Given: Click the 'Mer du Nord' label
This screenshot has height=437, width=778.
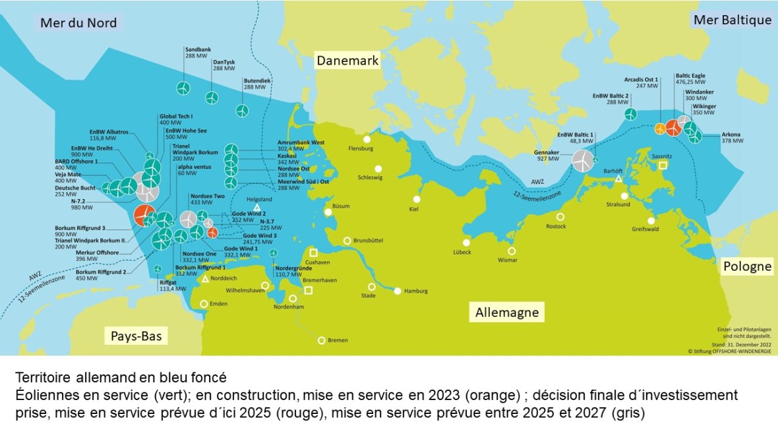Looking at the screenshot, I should click(78, 23).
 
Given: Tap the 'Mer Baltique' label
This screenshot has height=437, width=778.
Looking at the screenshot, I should click(732, 20).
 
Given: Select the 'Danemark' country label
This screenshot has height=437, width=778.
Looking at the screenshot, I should click(347, 61).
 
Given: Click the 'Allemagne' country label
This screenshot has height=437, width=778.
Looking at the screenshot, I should click(507, 312).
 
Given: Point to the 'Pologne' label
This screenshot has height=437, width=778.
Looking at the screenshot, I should click(747, 266).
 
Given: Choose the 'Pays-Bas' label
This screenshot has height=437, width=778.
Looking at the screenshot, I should click(136, 337).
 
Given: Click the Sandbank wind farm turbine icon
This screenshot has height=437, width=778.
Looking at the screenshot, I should click(183, 88).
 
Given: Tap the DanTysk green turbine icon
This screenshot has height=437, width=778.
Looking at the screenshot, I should click(212, 98).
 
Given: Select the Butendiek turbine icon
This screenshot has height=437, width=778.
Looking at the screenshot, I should click(243, 109).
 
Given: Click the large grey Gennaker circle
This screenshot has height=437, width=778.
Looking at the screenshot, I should click(582, 160).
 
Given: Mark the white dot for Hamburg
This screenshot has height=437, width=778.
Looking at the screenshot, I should click(398, 291).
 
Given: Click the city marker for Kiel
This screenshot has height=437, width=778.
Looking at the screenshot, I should click(417, 199).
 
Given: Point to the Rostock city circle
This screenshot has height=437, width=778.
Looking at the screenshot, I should click(560, 217).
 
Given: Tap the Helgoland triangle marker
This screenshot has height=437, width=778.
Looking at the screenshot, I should click(256, 208).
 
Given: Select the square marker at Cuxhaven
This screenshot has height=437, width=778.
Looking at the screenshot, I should click(314, 252).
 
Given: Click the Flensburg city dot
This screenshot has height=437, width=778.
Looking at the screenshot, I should click(367, 139).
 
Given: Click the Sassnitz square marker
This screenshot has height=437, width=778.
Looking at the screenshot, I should click(663, 165).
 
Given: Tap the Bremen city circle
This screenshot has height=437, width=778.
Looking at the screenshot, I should click(322, 340).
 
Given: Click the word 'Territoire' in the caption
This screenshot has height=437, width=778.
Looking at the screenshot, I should click(37, 378).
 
